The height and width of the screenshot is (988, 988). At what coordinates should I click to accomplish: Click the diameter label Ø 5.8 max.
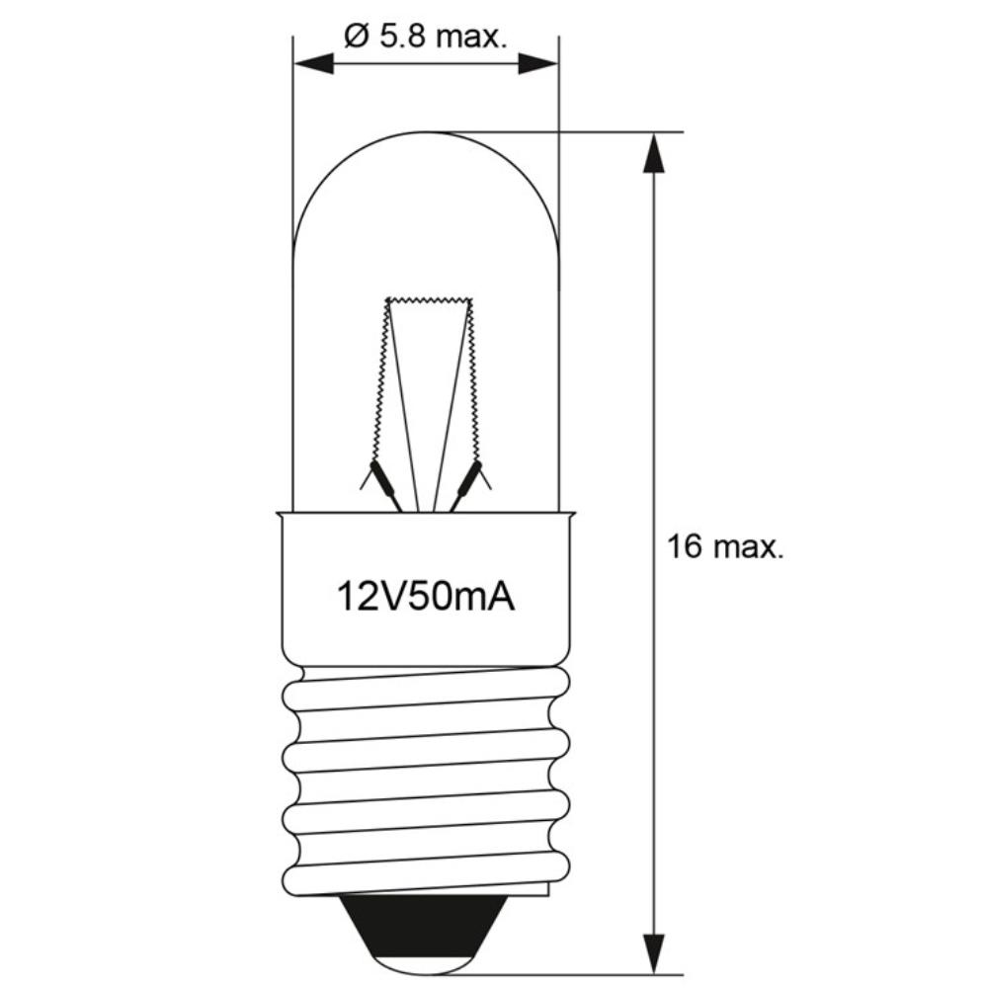coord(425,38)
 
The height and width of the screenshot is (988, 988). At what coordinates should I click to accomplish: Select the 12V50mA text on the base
coord(426,597)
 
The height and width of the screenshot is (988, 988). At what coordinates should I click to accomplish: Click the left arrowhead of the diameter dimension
coord(314,63)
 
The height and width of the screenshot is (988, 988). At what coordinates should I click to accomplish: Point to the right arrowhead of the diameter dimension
coord(538,63)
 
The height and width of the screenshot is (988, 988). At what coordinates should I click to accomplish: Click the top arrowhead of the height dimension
coord(654,152)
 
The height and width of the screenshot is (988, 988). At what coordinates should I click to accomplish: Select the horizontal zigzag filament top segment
coord(429,300)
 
